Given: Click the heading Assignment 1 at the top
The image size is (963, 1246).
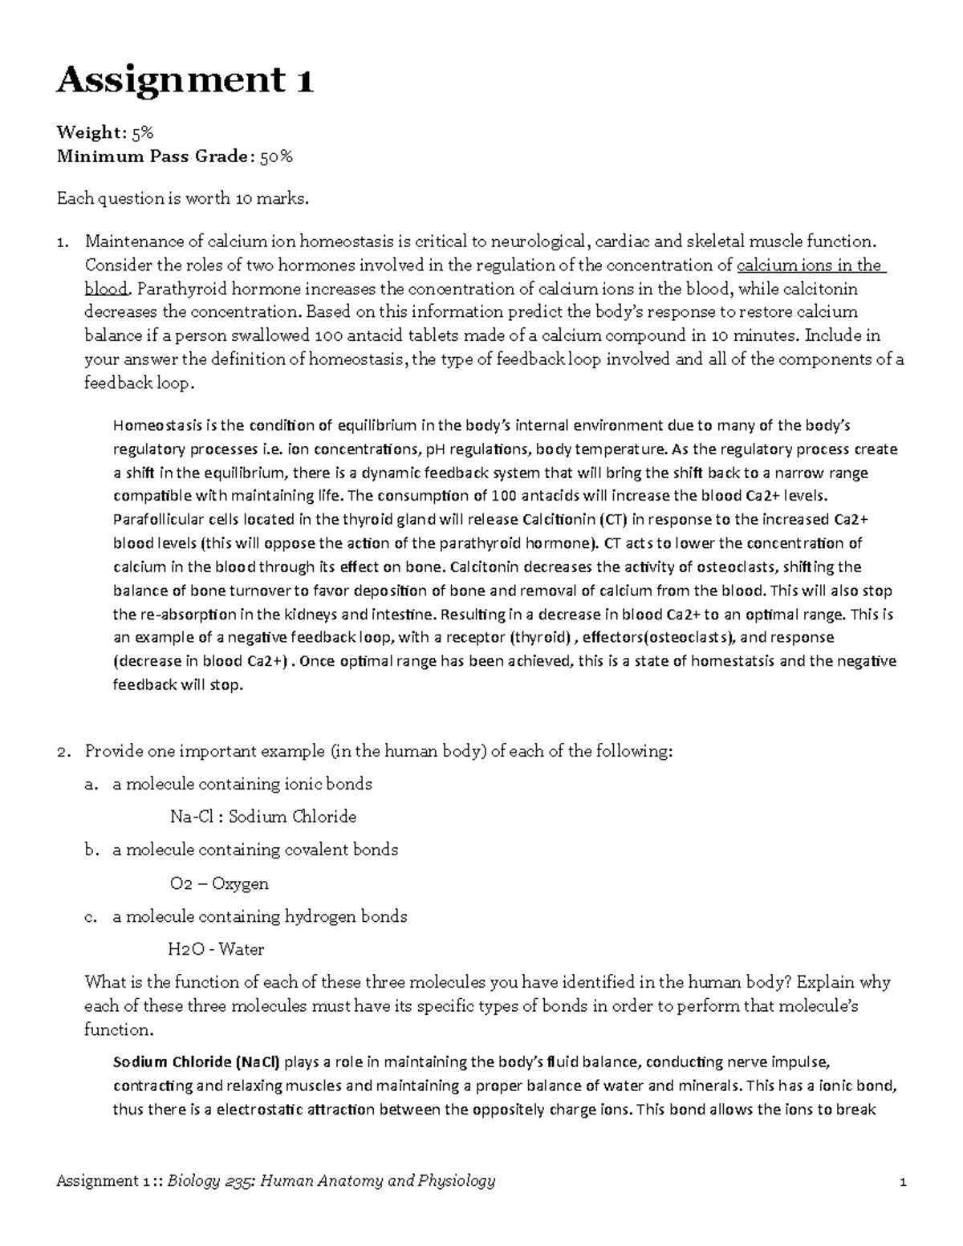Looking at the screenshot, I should (185, 82).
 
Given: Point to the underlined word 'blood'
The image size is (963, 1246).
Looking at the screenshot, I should (105, 289).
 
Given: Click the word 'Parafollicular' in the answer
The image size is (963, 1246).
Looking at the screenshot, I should (160, 519).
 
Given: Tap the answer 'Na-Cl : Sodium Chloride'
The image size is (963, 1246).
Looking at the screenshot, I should (263, 817).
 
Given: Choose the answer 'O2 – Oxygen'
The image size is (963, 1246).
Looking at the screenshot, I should (219, 883).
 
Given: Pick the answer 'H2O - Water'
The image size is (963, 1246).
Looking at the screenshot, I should (215, 949).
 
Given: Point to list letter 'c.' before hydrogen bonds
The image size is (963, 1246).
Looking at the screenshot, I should (91, 916).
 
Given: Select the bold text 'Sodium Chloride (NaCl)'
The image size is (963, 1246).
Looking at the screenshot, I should (197, 1062).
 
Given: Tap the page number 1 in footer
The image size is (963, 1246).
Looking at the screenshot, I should (903, 1181).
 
